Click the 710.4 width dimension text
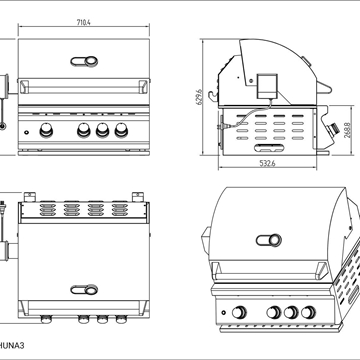pyautogui.click(x=84, y=23)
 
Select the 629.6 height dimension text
pyautogui.click(x=200, y=97)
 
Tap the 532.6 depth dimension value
pyautogui.click(x=267, y=163)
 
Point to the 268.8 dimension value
pyautogui.click(x=348, y=130)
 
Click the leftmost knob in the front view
pyautogui.click(x=46, y=130)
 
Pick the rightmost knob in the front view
pyautogui.click(x=121, y=130)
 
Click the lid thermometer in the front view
pyautogui.click(x=84, y=61)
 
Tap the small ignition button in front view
pyautogui.click(x=26, y=132)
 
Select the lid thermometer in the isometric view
pyautogui.click(x=269, y=240)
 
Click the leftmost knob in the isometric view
pyautogui.click(x=239, y=312)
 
